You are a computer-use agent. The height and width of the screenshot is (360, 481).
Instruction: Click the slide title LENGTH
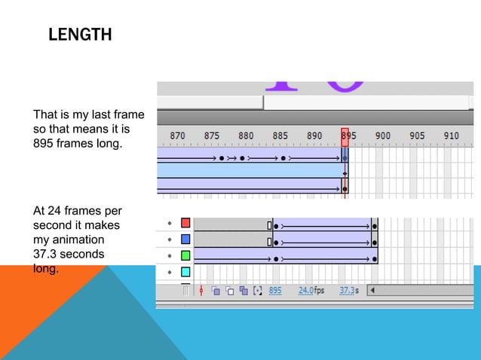click(x=79, y=35)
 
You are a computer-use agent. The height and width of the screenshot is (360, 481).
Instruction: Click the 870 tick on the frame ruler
click(x=177, y=136)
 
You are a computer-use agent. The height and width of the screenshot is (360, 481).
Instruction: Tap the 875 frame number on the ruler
click(x=212, y=136)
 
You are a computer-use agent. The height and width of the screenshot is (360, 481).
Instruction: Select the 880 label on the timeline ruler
click(x=246, y=136)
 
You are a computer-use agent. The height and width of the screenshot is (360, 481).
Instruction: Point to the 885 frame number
click(x=280, y=136)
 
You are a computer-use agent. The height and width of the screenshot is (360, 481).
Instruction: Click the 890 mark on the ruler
click(x=314, y=136)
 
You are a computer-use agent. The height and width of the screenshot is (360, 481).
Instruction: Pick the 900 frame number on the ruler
click(x=383, y=136)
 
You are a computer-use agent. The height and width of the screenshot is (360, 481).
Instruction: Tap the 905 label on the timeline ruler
click(x=417, y=136)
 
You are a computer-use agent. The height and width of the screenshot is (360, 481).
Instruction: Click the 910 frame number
click(x=451, y=136)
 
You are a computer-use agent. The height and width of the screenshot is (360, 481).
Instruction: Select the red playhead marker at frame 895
click(x=345, y=136)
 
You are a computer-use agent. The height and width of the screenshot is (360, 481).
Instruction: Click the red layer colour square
click(x=185, y=224)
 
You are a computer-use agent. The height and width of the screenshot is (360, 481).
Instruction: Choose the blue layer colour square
click(x=185, y=239)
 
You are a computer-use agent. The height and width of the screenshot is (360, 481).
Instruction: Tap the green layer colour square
click(x=185, y=255)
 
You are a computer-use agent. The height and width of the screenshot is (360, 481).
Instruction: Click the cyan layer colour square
click(x=185, y=271)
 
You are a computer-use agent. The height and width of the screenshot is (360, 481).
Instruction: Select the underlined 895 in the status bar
click(x=275, y=290)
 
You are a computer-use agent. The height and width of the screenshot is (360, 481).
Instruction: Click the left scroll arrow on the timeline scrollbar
click(x=371, y=290)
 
